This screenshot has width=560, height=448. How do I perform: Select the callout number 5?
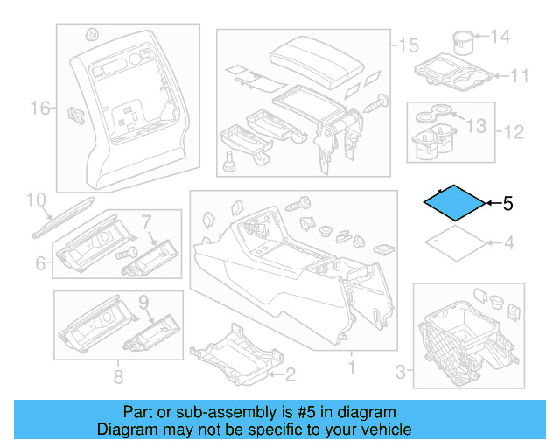[x=508, y=204]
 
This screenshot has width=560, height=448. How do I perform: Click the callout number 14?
[x=499, y=37]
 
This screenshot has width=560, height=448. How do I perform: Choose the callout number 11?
[x=520, y=76]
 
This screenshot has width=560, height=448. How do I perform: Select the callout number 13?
[x=474, y=126]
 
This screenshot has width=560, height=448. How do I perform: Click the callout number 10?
[x=34, y=200]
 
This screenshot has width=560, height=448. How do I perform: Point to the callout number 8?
[x=117, y=377]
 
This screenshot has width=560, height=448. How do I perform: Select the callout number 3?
[x=401, y=374]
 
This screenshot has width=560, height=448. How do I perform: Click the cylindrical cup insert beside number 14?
[x=464, y=41]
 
